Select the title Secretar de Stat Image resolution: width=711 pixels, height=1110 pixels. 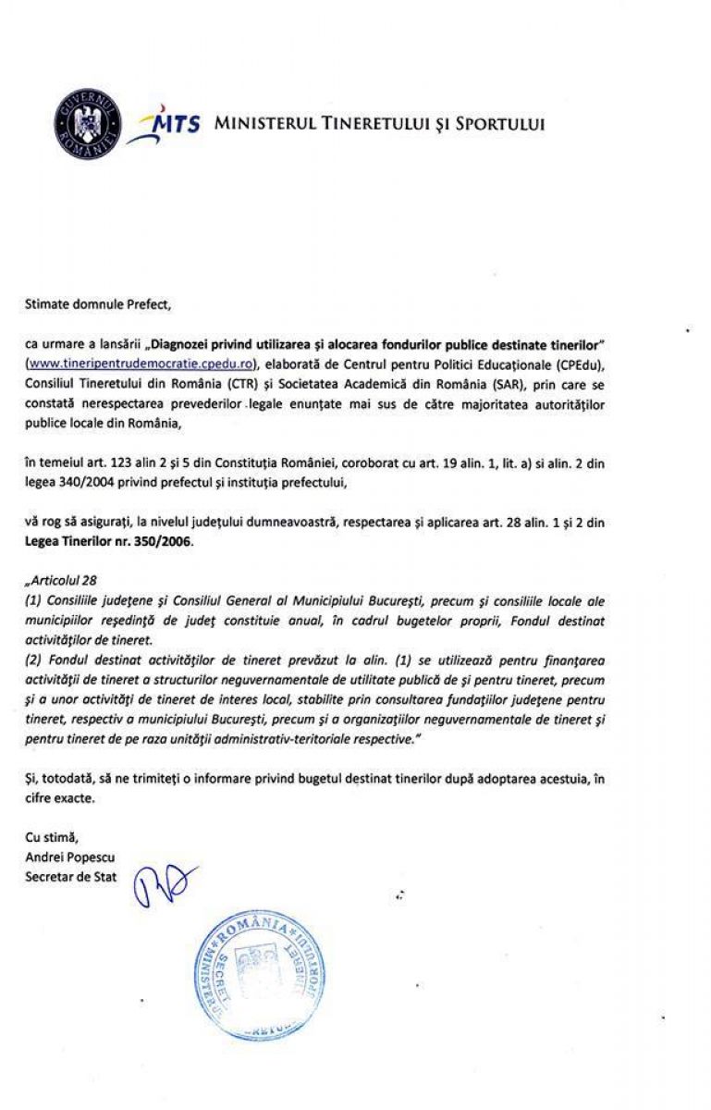71,876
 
